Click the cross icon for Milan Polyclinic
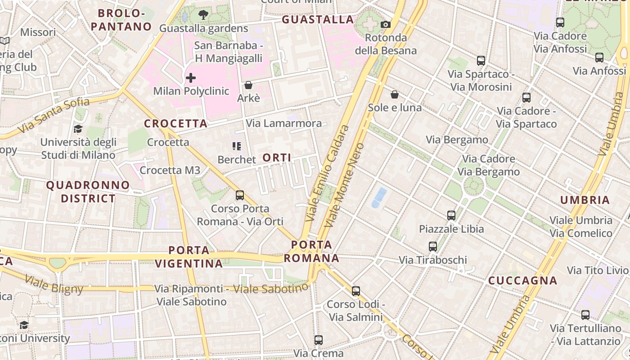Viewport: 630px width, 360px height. click(x=191, y=78)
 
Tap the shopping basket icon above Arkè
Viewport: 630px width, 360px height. click(x=248, y=85)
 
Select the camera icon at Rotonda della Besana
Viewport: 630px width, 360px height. click(x=386, y=24)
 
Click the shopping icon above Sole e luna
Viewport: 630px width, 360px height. click(x=395, y=94)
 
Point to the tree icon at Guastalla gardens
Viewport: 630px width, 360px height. click(x=203, y=14)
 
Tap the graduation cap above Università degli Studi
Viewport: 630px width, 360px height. click(x=78, y=129)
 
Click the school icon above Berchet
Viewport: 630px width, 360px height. click(x=237, y=146)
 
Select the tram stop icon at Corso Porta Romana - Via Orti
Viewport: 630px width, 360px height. click(x=240, y=195)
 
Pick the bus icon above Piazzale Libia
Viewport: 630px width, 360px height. click(x=451, y=216)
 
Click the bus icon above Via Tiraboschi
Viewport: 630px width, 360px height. click(x=433, y=247)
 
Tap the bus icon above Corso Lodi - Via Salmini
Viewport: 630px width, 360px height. click(x=356, y=291)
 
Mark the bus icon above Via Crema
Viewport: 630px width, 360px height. click(x=319, y=340)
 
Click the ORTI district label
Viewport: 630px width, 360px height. click(x=276, y=157)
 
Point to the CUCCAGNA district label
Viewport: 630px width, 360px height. click(x=523, y=281)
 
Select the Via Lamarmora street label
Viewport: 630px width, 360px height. click(x=284, y=123)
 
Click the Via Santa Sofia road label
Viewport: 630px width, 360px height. click(x=53, y=116)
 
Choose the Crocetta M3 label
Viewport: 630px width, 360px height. click(x=170, y=170)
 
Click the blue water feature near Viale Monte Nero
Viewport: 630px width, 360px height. click(x=379, y=198)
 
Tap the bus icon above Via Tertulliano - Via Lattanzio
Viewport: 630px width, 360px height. click(x=585, y=315)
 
